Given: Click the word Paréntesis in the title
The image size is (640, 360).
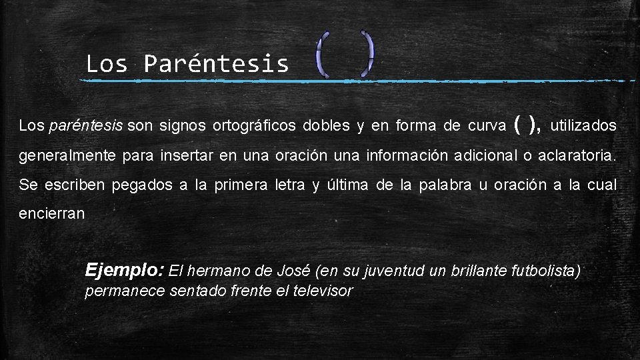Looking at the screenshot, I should pos(217,64).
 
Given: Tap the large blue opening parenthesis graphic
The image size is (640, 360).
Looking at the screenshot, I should pos(321,54).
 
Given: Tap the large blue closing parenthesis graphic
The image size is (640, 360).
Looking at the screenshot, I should pos(367,53).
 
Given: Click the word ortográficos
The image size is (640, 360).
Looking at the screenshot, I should pos(255,125).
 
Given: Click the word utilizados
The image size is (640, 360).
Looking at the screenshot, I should pos(584,125).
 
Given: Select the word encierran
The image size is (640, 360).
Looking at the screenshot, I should pos(52,214).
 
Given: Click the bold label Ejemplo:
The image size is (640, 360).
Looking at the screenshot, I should pos(125,271).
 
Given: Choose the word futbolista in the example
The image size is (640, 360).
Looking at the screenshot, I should pos(545,271).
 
